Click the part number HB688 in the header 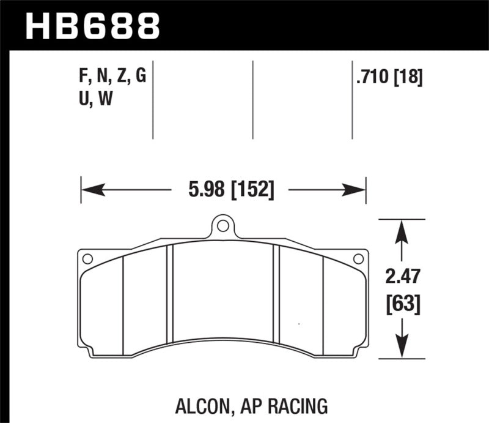pos(92,26)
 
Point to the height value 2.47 pos(402,278)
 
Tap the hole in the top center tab pos(223,226)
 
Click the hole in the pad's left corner pos(87,259)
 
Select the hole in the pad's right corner pos(359,259)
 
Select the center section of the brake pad pos(224,294)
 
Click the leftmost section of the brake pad pos(102,306)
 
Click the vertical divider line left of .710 pos(353,101)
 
